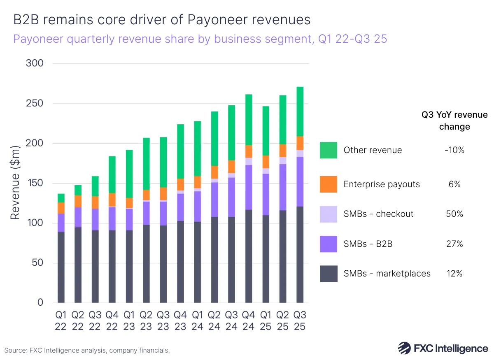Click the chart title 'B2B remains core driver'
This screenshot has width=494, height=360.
[x=162, y=20]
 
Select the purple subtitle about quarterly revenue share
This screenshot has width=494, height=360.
[x=200, y=39]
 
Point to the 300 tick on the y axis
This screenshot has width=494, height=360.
[x=35, y=64]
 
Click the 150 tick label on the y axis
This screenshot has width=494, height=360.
[x=35, y=183]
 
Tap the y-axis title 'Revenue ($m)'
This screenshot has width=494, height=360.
[x=15, y=182]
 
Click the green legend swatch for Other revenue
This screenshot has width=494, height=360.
[x=328, y=150]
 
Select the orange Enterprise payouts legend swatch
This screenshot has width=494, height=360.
[x=328, y=184]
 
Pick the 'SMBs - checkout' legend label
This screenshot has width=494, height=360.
[x=378, y=214]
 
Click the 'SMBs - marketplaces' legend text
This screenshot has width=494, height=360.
[x=387, y=274]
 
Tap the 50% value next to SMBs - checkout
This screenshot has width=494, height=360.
[x=454, y=214]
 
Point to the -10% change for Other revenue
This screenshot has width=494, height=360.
[x=454, y=150]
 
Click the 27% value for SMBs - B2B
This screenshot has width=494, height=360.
[x=454, y=244]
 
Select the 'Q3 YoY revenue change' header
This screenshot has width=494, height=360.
[x=454, y=121]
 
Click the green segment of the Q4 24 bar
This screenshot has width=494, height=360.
[x=249, y=120]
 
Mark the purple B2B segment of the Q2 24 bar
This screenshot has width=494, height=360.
[x=214, y=200]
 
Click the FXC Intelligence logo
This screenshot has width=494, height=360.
[x=443, y=348]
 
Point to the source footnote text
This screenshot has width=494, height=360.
[x=87, y=351]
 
